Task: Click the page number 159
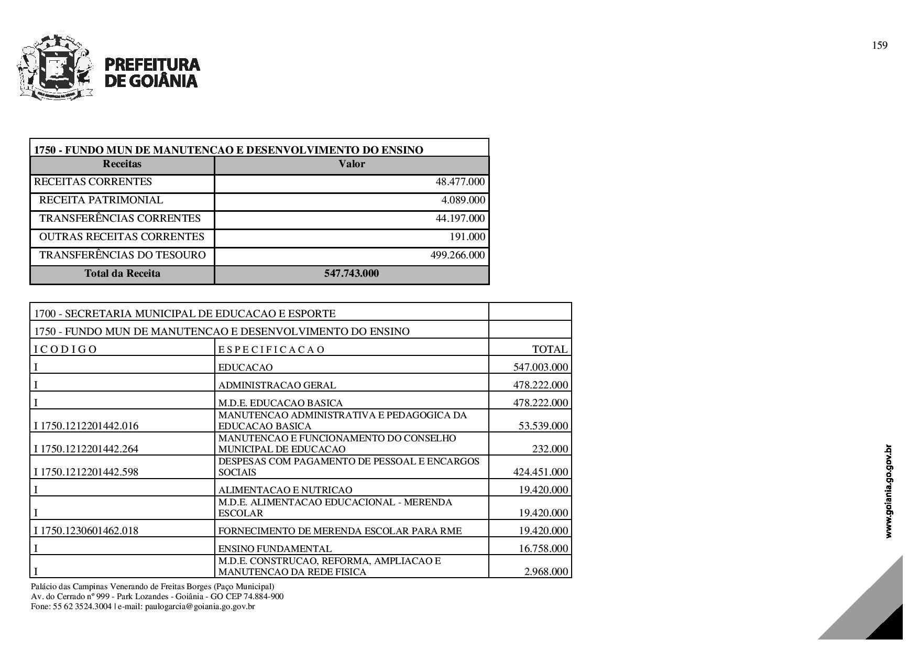[x=880, y=46]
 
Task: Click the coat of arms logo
[x=55, y=67]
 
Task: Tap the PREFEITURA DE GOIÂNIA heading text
[x=152, y=72]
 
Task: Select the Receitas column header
[x=122, y=164]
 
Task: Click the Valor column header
[x=352, y=164]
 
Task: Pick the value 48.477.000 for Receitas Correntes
[x=460, y=182]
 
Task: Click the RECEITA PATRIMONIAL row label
[x=101, y=200]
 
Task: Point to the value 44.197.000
[x=460, y=219]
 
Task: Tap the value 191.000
[x=467, y=237]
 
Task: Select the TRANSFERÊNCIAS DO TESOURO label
[x=123, y=255]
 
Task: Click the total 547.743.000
[x=352, y=274]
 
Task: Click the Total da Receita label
[x=122, y=274]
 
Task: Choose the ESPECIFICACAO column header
[x=271, y=350]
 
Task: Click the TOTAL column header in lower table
[x=550, y=350]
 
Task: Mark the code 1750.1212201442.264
[x=89, y=449]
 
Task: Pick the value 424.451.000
[x=540, y=472]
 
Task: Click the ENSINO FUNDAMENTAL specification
[x=275, y=549]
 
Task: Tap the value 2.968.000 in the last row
[x=546, y=571]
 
